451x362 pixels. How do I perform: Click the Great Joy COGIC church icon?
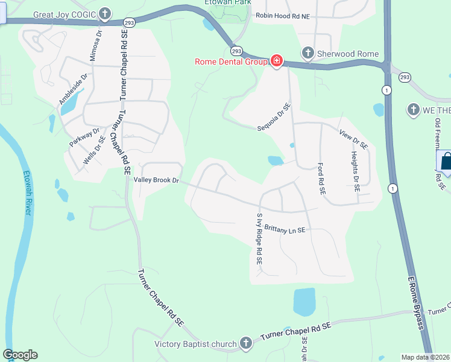pos(106,13)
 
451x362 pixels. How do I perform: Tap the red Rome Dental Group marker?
pos(277,61)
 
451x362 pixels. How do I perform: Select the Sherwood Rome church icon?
pos(307,53)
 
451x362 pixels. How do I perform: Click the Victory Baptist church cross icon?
pos(245,344)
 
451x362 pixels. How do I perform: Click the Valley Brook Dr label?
pos(157,180)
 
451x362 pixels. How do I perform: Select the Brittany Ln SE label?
pos(285,230)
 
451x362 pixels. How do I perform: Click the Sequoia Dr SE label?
pos(274,117)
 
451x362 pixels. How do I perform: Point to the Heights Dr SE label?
pos(356,171)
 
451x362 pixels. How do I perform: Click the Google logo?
pos(20,355)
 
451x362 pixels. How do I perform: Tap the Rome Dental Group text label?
pos(231,61)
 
